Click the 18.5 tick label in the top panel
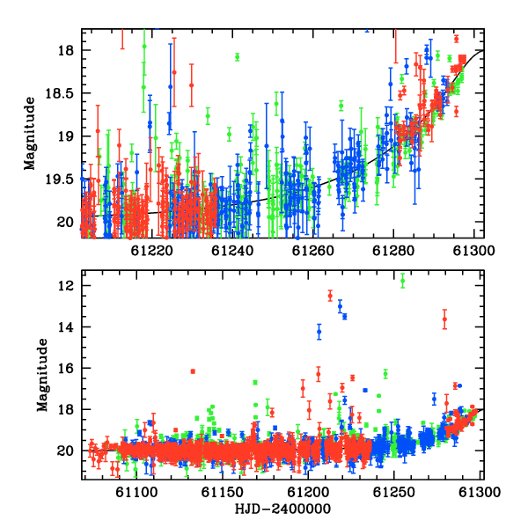point(59,93)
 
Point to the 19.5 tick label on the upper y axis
point(59,180)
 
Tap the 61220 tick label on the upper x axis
point(151,251)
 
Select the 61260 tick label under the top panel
point(312,251)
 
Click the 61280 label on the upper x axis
point(393,251)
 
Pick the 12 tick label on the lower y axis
point(65,286)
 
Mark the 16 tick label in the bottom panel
point(65,369)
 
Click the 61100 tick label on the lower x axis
point(136,492)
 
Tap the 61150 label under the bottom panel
point(223,492)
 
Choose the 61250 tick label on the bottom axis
point(393,492)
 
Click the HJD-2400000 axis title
point(282,509)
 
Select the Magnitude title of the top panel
point(30,134)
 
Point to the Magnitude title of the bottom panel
point(42,375)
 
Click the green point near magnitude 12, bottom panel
point(402,281)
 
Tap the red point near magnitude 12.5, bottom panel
point(330,296)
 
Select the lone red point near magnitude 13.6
point(444,319)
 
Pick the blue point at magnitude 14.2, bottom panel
point(319,332)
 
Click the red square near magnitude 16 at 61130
point(193,371)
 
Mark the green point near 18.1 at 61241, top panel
point(237,57)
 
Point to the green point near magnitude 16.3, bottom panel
point(385,374)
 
